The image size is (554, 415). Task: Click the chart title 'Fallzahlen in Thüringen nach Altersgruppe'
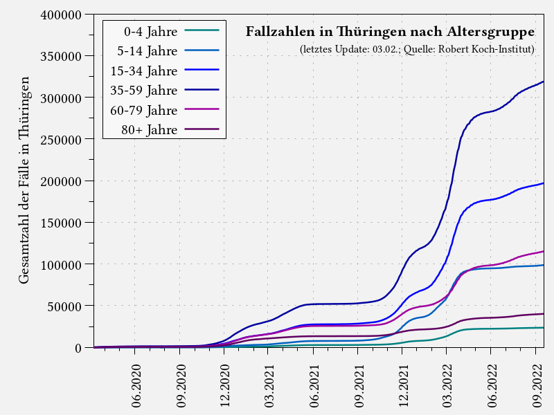click(390, 32)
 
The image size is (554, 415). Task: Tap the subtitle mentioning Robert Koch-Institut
click(417, 50)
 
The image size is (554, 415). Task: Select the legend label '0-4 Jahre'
click(150, 31)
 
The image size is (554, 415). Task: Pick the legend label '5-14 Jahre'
click(148, 51)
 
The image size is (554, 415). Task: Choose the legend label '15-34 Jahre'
click(144, 71)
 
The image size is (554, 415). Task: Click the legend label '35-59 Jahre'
click(144, 91)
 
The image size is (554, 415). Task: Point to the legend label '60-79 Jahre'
click(144, 110)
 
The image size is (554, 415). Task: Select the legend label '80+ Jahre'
click(150, 130)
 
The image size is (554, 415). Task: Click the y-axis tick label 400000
click(62, 15)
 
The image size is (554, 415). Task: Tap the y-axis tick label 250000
click(62, 139)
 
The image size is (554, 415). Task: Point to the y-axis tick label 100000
click(62, 264)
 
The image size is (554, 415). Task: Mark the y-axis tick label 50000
click(65, 306)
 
